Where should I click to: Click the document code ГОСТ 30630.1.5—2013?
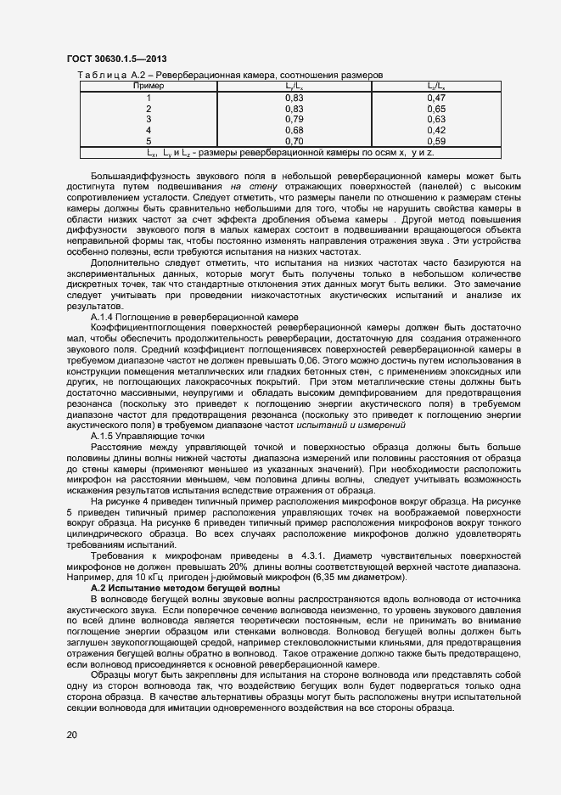115,59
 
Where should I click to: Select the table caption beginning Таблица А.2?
230,76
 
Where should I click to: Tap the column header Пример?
149,86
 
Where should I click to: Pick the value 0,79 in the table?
294,120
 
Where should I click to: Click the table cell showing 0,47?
436,99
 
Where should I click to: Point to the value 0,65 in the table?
436,109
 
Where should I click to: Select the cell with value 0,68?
294,130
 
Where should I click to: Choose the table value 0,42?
436,130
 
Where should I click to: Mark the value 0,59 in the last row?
436,141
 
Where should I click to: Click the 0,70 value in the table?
294,141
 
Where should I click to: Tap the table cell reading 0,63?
436,120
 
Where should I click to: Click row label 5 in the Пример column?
149,141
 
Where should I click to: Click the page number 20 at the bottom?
71,734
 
